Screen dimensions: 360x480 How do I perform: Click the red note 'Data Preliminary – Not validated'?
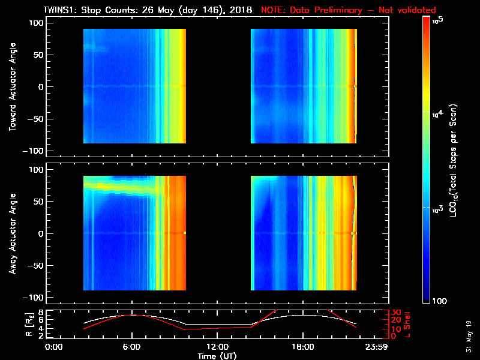[348, 10]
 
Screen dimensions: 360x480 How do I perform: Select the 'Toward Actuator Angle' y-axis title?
[11, 88]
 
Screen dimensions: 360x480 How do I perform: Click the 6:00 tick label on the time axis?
[132, 347]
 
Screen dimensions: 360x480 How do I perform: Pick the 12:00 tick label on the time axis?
[217, 347]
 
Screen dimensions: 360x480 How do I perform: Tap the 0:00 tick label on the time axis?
[54, 347]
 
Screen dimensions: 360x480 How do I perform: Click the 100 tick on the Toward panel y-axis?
[37, 23]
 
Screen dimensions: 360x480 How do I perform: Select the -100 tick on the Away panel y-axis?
[35, 298]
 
